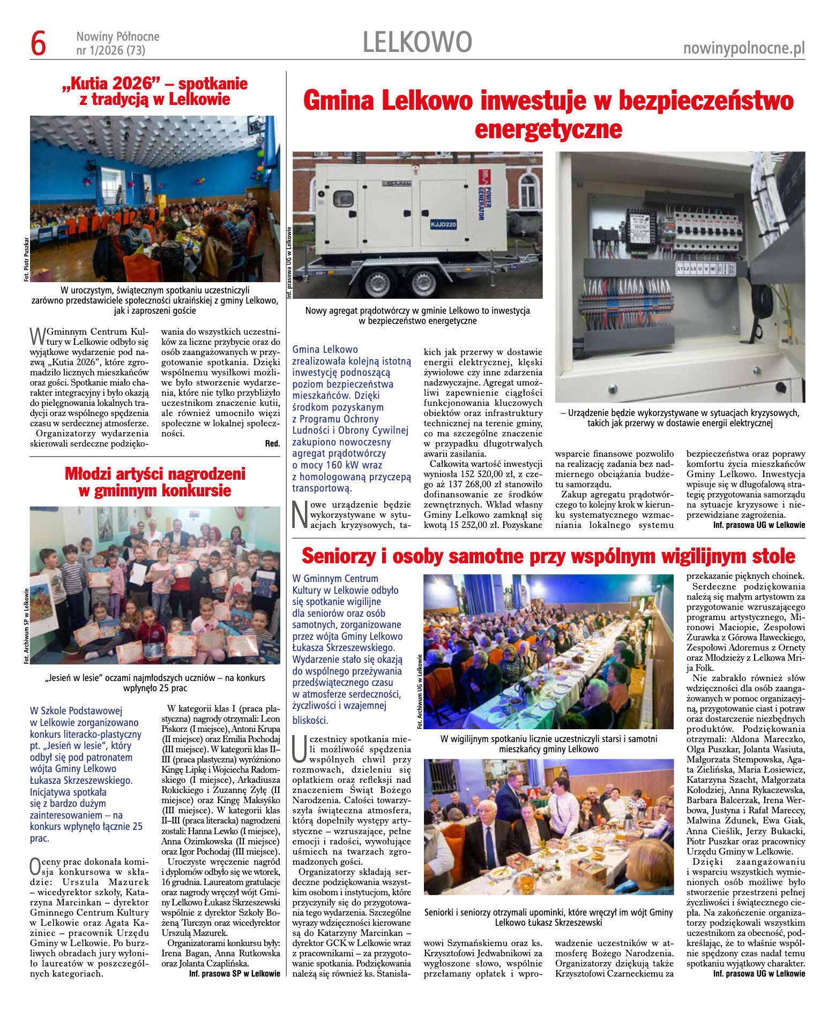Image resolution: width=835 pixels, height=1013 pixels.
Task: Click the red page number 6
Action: pyautogui.click(x=39, y=43)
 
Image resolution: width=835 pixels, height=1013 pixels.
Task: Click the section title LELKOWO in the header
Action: pyautogui.click(x=417, y=42)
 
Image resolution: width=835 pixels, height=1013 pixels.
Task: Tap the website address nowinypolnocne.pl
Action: pyautogui.click(x=744, y=48)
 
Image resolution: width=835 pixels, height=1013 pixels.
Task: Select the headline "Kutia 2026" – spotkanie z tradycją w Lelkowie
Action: pyautogui.click(x=155, y=92)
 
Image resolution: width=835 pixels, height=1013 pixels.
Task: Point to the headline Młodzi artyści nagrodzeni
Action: pyautogui.click(x=155, y=482)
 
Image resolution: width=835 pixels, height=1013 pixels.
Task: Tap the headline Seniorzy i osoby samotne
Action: pyautogui.click(x=548, y=556)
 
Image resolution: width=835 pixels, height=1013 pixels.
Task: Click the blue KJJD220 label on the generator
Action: pyautogui.click(x=443, y=224)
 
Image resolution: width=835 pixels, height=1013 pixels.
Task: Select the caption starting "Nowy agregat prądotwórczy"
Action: pyautogui.click(x=418, y=315)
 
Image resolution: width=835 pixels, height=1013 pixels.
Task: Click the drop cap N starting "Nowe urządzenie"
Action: pyautogui.click(x=300, y=515)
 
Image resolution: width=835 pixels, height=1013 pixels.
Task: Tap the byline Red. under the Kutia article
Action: pyautogui.click(x=272, y=443)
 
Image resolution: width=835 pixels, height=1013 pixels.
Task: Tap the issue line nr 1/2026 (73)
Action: pyautogui.click(x=110, y=50)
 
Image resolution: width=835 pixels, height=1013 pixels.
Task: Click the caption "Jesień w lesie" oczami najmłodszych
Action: pyautogui.click(x=155, y=683)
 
